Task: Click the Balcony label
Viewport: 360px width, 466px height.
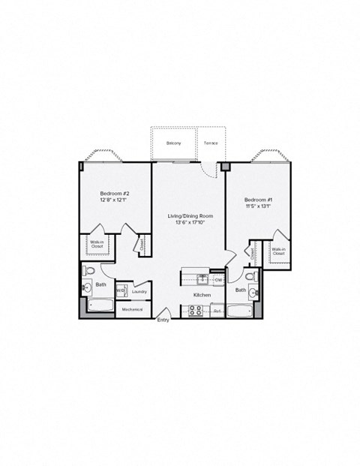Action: tap(174, 143)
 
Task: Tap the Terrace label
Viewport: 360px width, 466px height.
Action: tap(211, 143)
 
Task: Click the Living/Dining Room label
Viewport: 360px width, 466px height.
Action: tap(187, 216)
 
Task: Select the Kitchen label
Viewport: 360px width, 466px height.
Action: tap(201, 296)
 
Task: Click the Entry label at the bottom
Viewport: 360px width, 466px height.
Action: tap(163, 320)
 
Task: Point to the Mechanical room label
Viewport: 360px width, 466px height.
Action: tap(132, 309)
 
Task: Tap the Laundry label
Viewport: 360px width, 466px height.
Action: tap(139, 291)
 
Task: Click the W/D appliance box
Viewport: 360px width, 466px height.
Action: tap(120, 291)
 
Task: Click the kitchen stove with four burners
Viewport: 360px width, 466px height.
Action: tap(193, 309)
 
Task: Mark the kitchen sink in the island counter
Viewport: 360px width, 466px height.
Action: tap(202, 279)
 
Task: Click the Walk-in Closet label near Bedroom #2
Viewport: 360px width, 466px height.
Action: tap(97, 244)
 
